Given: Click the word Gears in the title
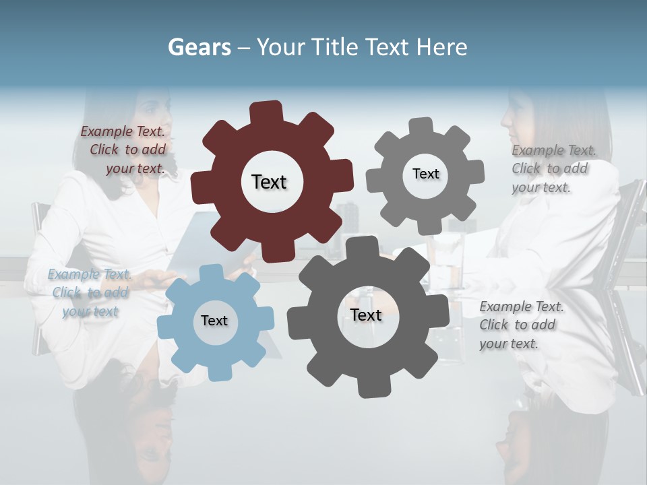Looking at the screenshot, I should tap(199, 47).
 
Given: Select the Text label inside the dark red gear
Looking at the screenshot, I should tap(269, 182).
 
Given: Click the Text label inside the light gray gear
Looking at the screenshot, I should tap(425, 174).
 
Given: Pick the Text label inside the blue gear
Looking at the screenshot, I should tap(214, 321).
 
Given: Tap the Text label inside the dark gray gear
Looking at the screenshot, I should tap(366, 315).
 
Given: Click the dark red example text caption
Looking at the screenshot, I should tap(123, 150).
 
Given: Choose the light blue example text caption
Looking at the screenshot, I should tap(90, 292).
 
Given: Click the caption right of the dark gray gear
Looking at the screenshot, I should tap(520, 325).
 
